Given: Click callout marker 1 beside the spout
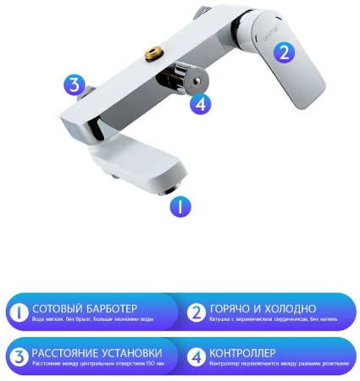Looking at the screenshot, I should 181,206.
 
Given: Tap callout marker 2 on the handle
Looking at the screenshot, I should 285,51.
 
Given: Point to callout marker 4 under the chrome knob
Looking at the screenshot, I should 200,106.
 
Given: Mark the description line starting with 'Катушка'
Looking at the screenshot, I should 272,319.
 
